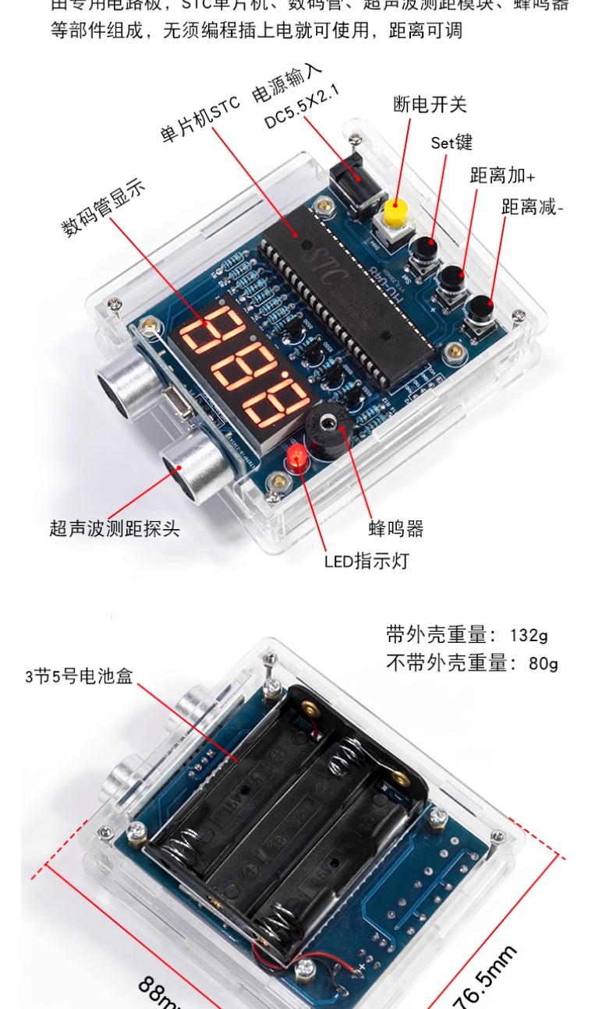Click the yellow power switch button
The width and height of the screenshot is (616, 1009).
[396, 211]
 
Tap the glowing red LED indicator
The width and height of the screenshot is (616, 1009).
[297, 457]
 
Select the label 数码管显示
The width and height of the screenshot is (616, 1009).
[103, 207]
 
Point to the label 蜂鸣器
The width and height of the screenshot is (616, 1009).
[396, 529]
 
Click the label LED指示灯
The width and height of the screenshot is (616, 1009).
[366, 560]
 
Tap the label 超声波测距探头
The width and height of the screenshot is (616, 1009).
[115, 529]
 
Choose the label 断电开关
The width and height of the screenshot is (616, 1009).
[430, 104]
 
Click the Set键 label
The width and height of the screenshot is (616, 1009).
[451, 143]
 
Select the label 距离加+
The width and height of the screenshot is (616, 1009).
[502, 175]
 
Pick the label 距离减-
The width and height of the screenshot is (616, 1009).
[533, 207]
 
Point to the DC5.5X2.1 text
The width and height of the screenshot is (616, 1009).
[303, 108]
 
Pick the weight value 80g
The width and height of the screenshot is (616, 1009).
[543, 664]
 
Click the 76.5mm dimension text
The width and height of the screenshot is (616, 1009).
[485, 978]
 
